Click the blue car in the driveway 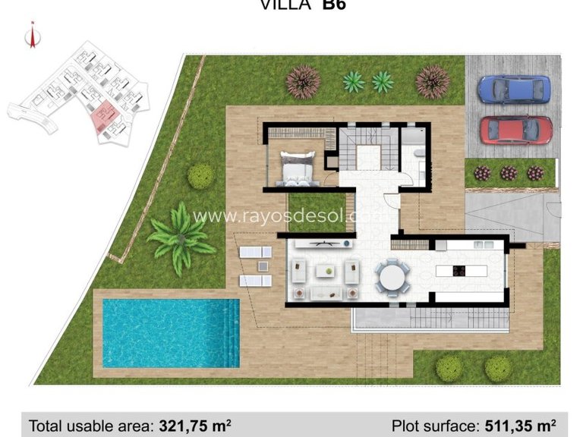[x=514, y=89]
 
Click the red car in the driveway [x=515, y=130]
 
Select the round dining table [x=394, y=275]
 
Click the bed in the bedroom [x=297, y=168]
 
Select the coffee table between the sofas [x=328, y=269]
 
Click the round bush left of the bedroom [x=200, y=176]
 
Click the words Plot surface [x=431, y=425]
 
